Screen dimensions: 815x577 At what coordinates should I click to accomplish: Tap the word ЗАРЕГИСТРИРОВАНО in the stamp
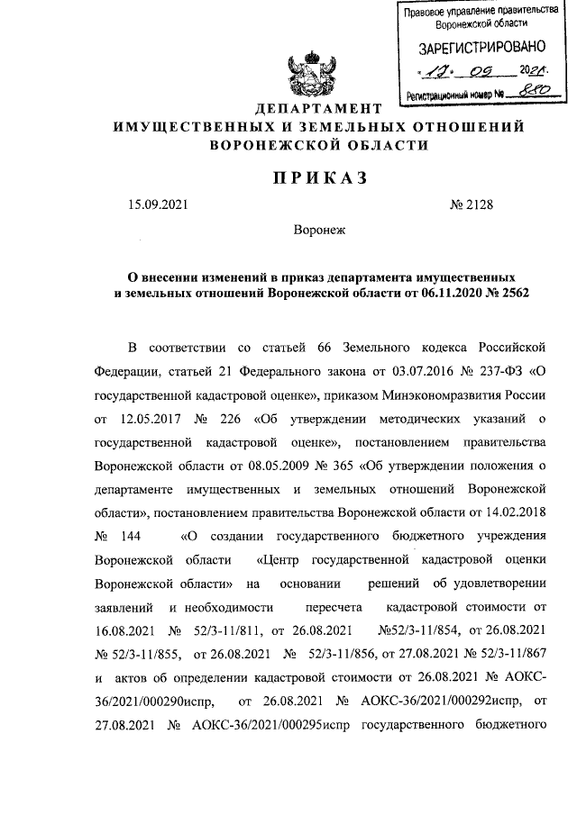click(x=476, y=48)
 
